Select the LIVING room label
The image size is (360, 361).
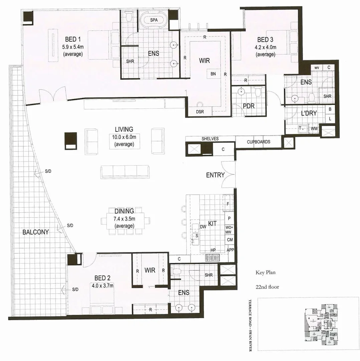[124, 129]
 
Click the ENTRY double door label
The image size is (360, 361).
[215, 175]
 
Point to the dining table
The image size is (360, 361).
[125, 221]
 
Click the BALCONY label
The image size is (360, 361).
[35, 232]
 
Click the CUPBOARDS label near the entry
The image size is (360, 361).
[258, 142]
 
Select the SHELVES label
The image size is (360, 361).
[210, 139]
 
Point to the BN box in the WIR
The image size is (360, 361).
[213, 74]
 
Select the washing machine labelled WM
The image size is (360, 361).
[314, 129]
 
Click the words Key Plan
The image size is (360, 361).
[265, 272]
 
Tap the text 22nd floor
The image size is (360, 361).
[267, 287]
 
